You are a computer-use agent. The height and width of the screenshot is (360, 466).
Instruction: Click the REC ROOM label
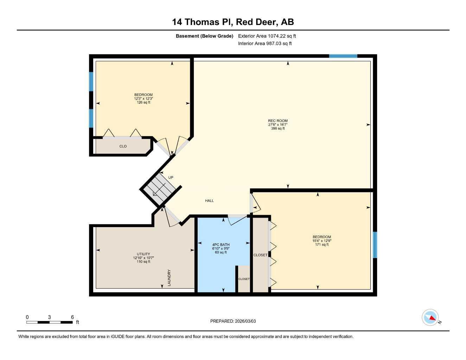pyautogui.click(x=277, y=121)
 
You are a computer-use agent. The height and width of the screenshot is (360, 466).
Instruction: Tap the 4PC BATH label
pyautogui.click(x=221, y=245)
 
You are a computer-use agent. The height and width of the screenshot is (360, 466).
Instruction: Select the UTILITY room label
pyautogui.click(x=143, y=254)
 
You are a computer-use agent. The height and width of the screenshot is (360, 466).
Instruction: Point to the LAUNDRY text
pyautogui.click(x=169, y=277)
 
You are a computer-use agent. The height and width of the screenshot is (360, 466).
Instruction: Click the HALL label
pyautogui.click(x=209, y=201)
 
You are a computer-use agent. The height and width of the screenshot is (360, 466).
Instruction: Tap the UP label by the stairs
pyautogui.click(x=171, y=178)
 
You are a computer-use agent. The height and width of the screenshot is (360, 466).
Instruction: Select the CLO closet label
pyautogui.click(x=123, y=146)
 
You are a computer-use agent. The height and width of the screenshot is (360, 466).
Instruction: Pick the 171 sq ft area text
pyautogui.click(x=322, y=245)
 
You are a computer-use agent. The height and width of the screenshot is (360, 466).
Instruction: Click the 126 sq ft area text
pyautogui.click(x=143, y=102)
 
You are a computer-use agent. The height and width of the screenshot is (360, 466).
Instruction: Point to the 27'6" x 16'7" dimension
pyautogui.click(x=277, y=124)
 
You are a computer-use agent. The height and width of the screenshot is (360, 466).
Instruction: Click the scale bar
pyautogui.click(x=49, y=322)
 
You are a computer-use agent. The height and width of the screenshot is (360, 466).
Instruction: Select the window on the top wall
pyautogui.click(x=343, y=56)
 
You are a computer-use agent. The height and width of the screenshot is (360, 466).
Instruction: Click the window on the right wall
pyautogui.click(x=375, y=245)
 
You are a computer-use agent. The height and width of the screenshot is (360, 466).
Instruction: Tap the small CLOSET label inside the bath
pyautogui.click(x=244, y=279)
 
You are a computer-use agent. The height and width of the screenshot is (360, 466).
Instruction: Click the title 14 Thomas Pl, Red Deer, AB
pyautogui.click(x=233, y=22)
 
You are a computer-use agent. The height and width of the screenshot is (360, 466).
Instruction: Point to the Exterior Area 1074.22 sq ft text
pyautogui.click(x=267, y=36)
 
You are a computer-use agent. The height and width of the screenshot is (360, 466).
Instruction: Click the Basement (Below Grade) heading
pyautogui.click(x=204, y=36)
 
